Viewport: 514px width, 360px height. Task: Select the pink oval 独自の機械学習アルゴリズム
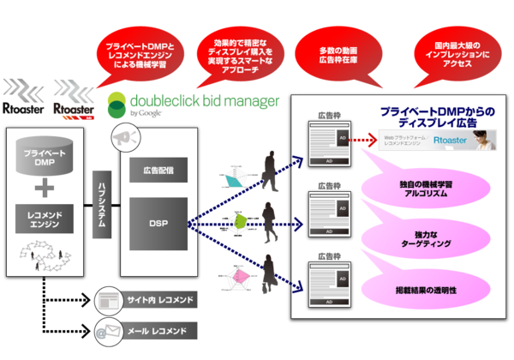click(426, 189)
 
